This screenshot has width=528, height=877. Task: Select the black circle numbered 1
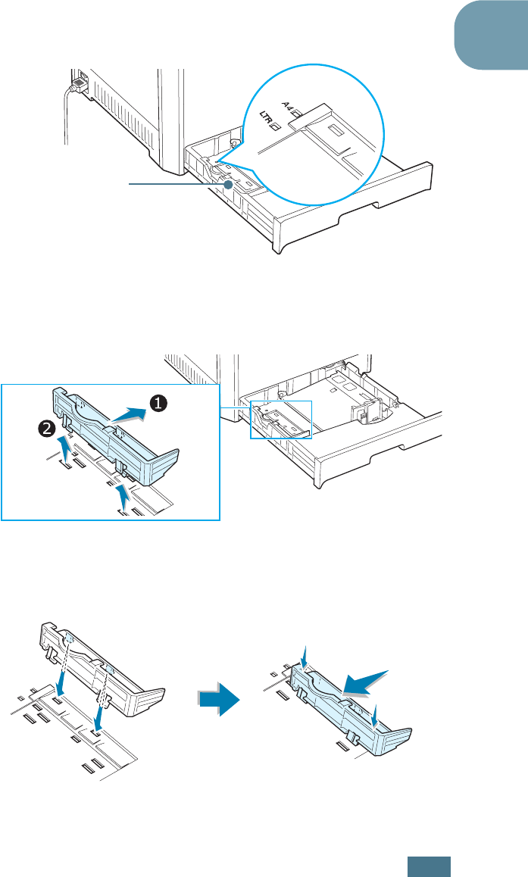(x=157, y=404)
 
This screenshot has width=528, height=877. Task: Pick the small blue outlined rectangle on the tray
(x=280, y=419)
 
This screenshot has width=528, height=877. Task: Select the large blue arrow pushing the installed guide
(x=367, y=681)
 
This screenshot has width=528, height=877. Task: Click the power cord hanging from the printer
(x=67, y=114)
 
